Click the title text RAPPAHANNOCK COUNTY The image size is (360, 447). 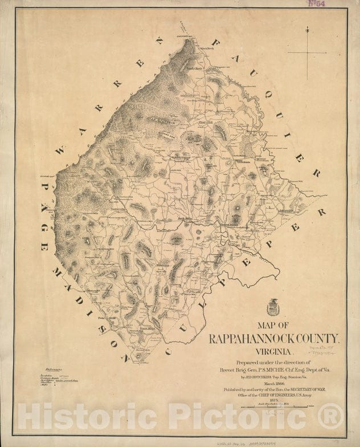click(275, 338)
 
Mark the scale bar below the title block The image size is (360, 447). click(275, 407)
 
